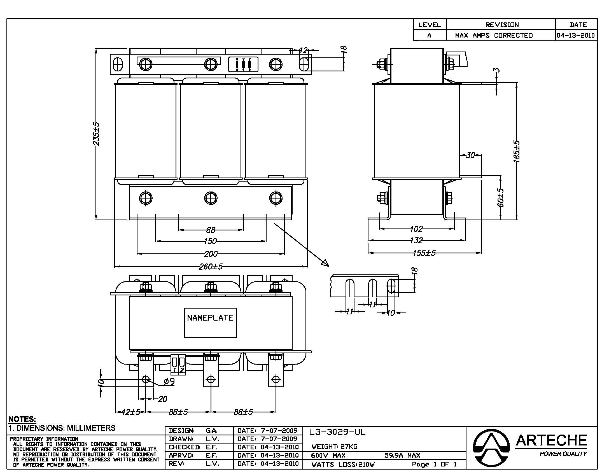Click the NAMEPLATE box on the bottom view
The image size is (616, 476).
[x=210, y=322]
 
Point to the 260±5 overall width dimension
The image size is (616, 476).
[x=210, y=267]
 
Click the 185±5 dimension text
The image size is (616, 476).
[x=516, y=151]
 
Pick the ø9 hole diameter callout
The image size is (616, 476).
[x=169, y=382]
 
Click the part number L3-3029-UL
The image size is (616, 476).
[x=337, y=432]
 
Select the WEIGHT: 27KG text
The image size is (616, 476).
[x=334, y=446]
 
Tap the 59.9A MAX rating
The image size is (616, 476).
[x=402, y=455]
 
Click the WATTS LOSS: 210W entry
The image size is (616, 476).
[x=343, y=465]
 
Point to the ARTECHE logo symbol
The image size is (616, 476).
[x=491, y=448]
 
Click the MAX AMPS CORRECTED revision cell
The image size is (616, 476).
[x=494, y=36]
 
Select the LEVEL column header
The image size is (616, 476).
[x=430, y=25]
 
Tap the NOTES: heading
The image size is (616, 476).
[x=22, y=419]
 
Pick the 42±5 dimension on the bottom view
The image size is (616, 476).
[x=130, y=412]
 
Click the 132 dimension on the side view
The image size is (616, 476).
[x=416, y=240]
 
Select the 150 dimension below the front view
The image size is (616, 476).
[x=210, y=241]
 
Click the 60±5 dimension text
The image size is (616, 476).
[x=500, y=198]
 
